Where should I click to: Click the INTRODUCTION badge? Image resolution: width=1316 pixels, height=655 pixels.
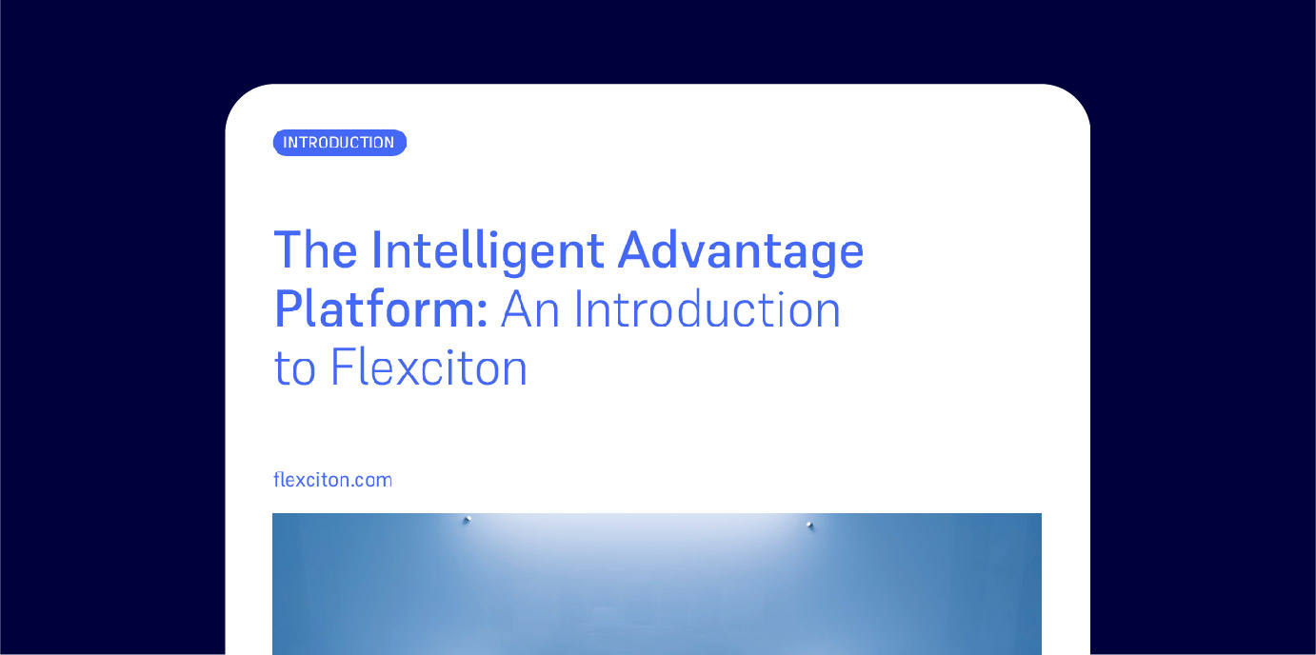(340, 143)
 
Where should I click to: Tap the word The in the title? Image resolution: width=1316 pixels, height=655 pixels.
(315, 250)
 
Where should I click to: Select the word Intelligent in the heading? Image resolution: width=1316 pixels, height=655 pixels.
(488, 252)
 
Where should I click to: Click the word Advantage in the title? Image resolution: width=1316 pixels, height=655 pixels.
(740, 252)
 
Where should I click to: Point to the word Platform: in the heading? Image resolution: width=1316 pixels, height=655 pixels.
(381, 309)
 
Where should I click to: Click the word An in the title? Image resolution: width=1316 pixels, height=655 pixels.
(530, 309)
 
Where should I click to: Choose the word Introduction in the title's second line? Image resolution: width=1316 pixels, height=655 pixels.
(708, 308)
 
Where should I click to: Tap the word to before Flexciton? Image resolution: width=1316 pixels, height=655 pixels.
(295, 369)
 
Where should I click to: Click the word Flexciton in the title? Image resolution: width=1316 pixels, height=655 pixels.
(429, 367)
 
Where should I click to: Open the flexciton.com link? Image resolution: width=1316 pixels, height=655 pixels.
(332, 480)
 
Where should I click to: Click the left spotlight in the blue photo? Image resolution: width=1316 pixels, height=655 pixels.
(468, 519)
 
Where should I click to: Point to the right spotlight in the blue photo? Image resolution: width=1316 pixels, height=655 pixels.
(809, 525)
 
